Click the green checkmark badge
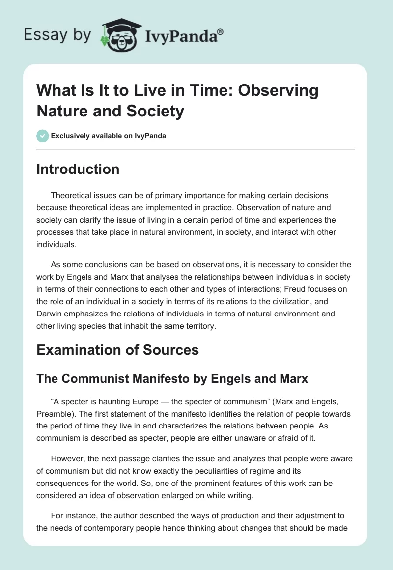click(43, 136)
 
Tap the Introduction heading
click(78, 169)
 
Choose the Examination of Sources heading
click(118, 350)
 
